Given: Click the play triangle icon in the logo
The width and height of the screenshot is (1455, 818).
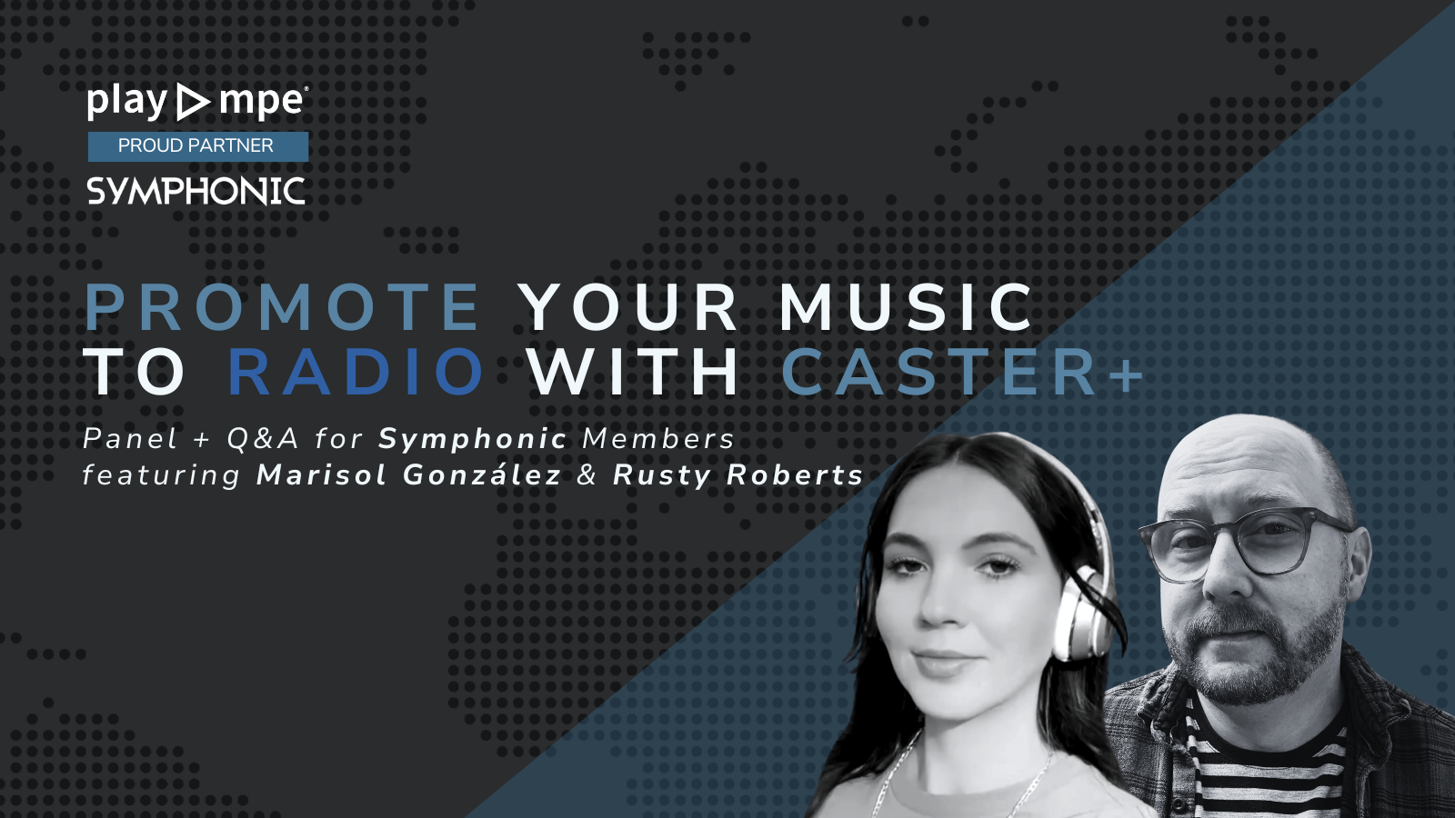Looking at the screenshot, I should pos(192,102).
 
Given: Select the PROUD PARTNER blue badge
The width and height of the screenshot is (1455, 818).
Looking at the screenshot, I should pos(197,145).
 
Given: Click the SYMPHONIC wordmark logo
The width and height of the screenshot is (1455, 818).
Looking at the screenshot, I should pos(196,191).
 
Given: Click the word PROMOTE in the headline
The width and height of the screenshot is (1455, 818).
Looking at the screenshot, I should pos(282,307).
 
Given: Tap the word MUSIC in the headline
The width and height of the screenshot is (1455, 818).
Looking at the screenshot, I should pos(906,307).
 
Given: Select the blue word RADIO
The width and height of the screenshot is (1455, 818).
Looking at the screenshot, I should pos(356,372).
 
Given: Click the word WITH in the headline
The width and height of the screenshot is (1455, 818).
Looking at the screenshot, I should pos(634,372).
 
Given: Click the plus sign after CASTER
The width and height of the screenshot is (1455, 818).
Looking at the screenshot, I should pos(1126,374).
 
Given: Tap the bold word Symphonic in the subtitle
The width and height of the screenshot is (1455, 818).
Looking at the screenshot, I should pos(473,439).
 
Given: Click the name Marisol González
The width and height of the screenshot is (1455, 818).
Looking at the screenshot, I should pos(408,474).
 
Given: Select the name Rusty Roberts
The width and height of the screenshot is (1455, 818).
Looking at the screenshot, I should pos(738,474).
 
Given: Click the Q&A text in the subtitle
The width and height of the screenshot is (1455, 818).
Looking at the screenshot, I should pos(263,439).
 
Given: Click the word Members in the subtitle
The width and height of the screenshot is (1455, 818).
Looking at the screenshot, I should pos(658,439).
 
